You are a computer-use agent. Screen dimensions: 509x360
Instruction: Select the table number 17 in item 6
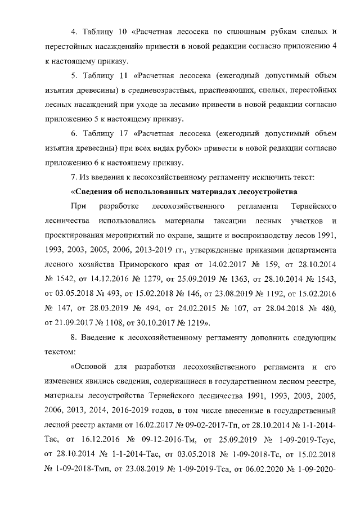point(119,134)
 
